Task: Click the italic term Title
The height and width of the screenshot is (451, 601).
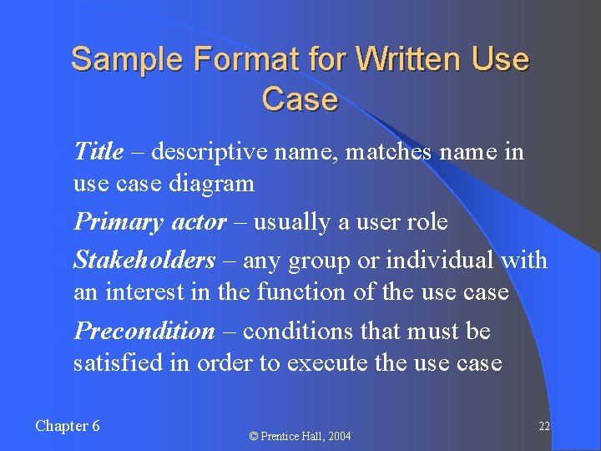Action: tap(98, 151)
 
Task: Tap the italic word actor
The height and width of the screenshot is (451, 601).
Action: tap(198, 222)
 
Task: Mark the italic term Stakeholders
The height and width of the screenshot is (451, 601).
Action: tap(144, 261)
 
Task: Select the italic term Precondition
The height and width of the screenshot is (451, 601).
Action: tap(144, 332)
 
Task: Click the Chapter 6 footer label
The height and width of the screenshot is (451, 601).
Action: tap(68, 426)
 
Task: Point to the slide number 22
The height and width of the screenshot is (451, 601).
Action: tap(543, 426)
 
